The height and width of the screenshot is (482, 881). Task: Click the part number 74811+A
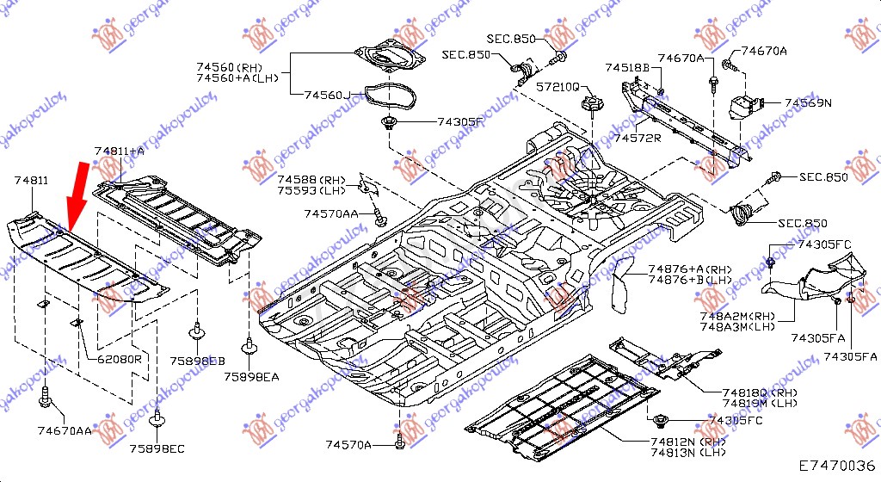point(120,151)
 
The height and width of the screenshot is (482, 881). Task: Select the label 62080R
point(119,358)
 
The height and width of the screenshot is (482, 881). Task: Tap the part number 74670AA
point(65,429)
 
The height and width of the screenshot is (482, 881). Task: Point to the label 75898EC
point(158,448)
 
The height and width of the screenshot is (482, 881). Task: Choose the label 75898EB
point(197,361)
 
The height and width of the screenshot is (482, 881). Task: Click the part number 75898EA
point(252,377)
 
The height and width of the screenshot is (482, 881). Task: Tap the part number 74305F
point(461,122)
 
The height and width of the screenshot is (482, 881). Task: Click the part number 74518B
point(627,66)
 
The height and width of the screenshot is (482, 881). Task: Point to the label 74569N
point(808,103)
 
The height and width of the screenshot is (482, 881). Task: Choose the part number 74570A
point(348,444)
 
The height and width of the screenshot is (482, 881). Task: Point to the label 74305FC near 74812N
point(736,420)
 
